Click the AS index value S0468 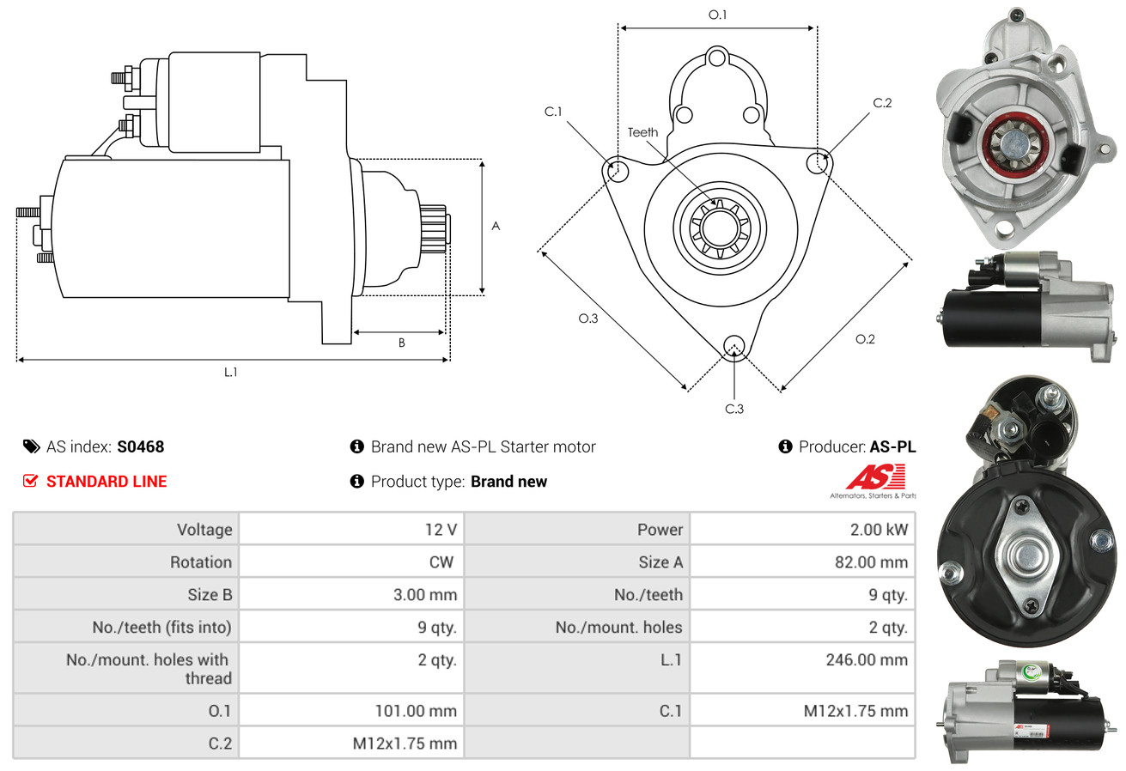(x=140, y=446)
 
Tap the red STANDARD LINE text (x=107, y=482)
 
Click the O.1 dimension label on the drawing (x=717, y=15)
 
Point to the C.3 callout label (x=734, y=409)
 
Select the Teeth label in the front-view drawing (x=642, y=132)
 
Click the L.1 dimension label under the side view (x=231, y=372)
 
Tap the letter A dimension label (x=496, y=227)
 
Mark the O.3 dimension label (x=587, y=319)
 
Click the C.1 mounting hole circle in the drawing (x=618, y=171)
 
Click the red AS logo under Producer (x=875, y=477)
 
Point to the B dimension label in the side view (x=401, y=343)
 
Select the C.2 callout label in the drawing (x=882, y=103)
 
